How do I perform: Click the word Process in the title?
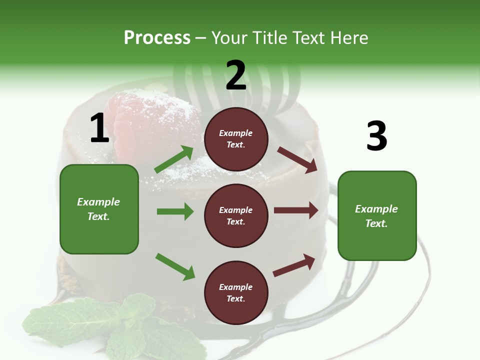coord(157,38)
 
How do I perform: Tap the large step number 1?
coord(99,128)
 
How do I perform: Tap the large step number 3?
coord(376,136)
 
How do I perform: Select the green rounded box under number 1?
coord(99,209)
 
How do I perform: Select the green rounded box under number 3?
coord(377,215)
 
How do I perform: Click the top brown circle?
coord(236,139)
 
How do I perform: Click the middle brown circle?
coord(236,215)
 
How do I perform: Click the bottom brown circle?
coord(236,292)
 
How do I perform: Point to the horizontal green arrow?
coord(175,211)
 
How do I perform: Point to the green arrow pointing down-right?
coord(175,266)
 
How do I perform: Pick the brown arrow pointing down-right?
coord(297,159)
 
